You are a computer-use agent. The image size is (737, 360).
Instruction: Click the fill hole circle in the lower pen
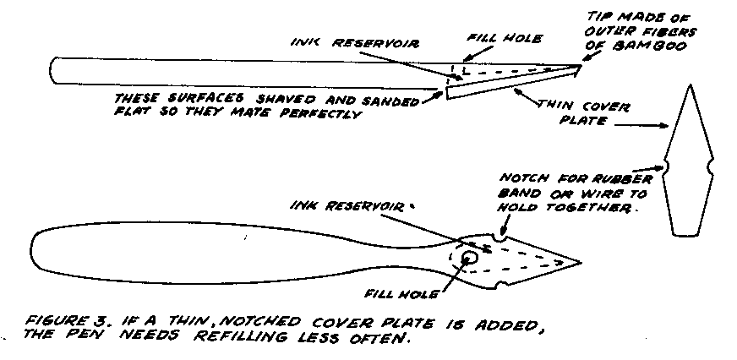pos(468,257)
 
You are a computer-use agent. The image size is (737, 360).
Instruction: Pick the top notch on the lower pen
pos(500,238)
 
